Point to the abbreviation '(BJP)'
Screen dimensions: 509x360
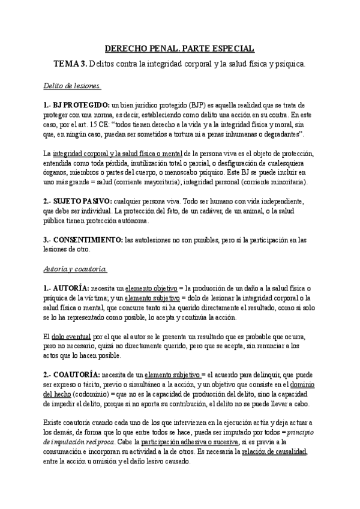point(194,105)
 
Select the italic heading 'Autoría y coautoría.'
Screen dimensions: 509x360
point(75,252)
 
